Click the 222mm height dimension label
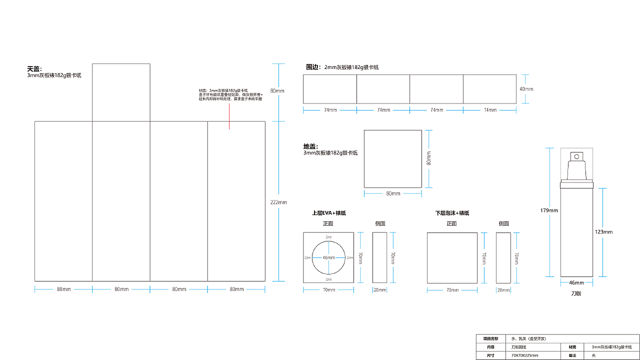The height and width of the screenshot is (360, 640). pyautogui.click(x=278, y=202)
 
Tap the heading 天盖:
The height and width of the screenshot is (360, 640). pyautogui.click(x=34, y=69)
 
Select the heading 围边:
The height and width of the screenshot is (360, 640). pyautogui.click(x=312, y=67)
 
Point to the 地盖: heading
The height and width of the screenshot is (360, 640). pyautogui.click(x=310, y=146)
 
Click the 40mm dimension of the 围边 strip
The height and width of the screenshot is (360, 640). pyautogui.click(x=526, y=89)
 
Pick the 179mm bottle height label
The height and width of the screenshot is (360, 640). pyautogui.click(x=549, y=210)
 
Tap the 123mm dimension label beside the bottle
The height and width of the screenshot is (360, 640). pyautogui.click(x=603, y=232)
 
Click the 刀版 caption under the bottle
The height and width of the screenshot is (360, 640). pyautogui.click(x=576, y=293)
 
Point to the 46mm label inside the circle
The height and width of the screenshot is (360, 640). pyautogui.click(x=328, y=257)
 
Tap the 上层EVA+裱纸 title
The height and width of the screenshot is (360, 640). pyautogui.click(x=328, y=213)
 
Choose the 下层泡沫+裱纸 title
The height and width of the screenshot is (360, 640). pyautogui.click(x=452, y=213)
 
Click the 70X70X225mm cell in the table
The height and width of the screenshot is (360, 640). pyautogui.click(x=524, y=355)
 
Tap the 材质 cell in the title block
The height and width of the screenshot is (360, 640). pyautogui.click(x=572, y=347)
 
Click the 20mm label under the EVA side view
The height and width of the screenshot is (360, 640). pyautogui.click(x=379, y=290)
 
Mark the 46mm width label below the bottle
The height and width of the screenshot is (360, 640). pyautogui.click(x=576, y=283)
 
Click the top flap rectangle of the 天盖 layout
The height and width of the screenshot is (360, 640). pyautogui.click(x=121, y=92)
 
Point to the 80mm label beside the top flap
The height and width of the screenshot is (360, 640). pyautogui.click(x=277, y=91)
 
